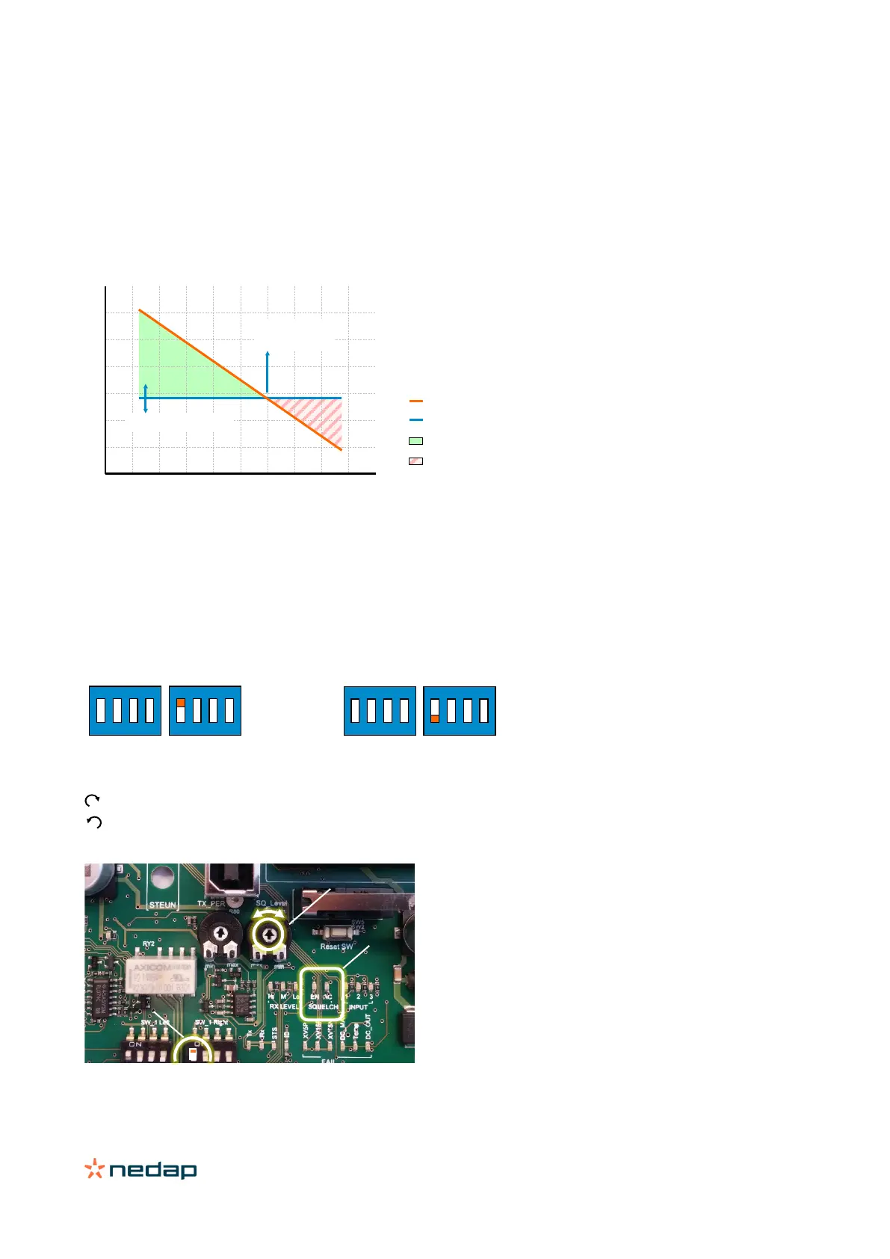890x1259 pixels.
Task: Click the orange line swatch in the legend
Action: point(416,401)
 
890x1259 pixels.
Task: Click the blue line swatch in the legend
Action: point(416,420)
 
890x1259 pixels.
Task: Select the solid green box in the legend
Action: point(416,441)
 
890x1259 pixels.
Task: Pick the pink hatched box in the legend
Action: point(416,461)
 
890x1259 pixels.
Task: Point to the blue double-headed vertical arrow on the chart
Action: point(146,398)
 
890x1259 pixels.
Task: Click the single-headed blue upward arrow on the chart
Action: point(267,372)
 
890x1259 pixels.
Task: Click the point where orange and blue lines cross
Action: point(267,398)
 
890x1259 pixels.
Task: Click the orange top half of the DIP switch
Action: point(180,702)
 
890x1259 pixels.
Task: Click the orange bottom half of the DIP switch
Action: point(434,718)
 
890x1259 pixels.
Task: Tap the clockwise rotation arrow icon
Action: point(92,801)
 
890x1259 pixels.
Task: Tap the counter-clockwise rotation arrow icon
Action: point(94,822)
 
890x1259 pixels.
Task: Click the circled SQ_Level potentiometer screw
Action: point(269,934)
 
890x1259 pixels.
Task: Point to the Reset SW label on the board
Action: point(336,946)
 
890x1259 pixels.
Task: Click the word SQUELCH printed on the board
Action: point(323,1007)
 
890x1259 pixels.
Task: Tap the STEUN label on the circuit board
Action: point(162,905)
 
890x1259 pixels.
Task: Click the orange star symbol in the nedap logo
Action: point(94,1169)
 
